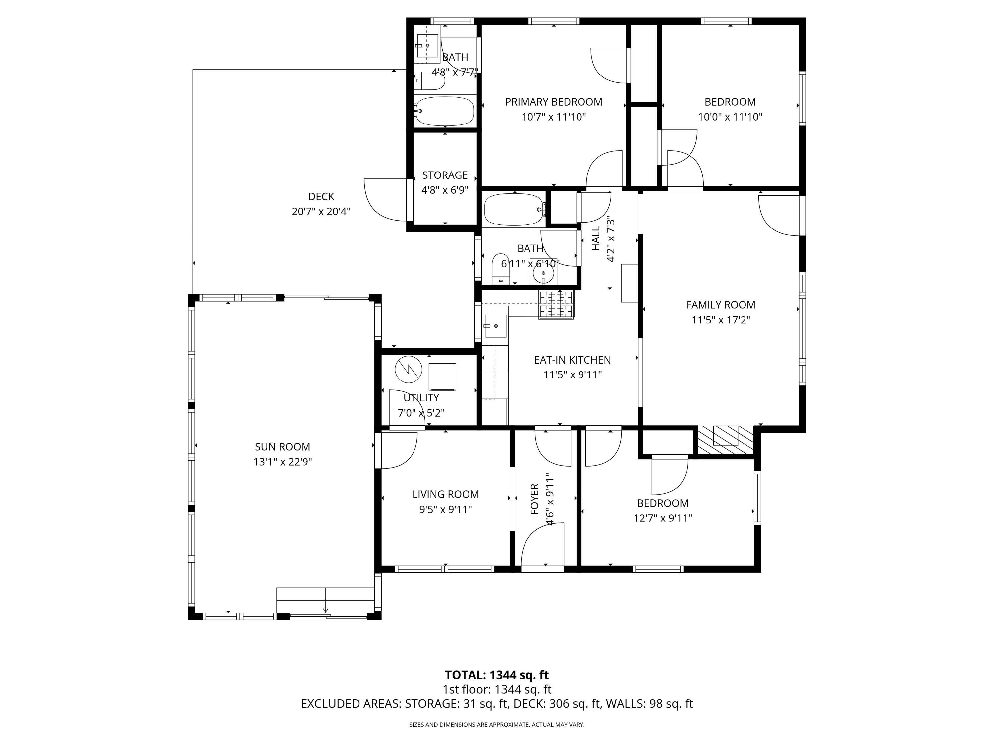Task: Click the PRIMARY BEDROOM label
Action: point(553,102)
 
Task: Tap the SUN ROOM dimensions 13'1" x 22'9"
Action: point(282,462)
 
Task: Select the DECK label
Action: point(321,196)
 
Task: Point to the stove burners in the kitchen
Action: point(556,304)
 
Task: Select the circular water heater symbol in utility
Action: point(409,370)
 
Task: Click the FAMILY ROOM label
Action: point(720,305)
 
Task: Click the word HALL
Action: point(596,238)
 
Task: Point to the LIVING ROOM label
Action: point(445,494)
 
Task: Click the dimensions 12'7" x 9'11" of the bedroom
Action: point(662,518)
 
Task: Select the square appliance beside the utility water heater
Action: point(442,376)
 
